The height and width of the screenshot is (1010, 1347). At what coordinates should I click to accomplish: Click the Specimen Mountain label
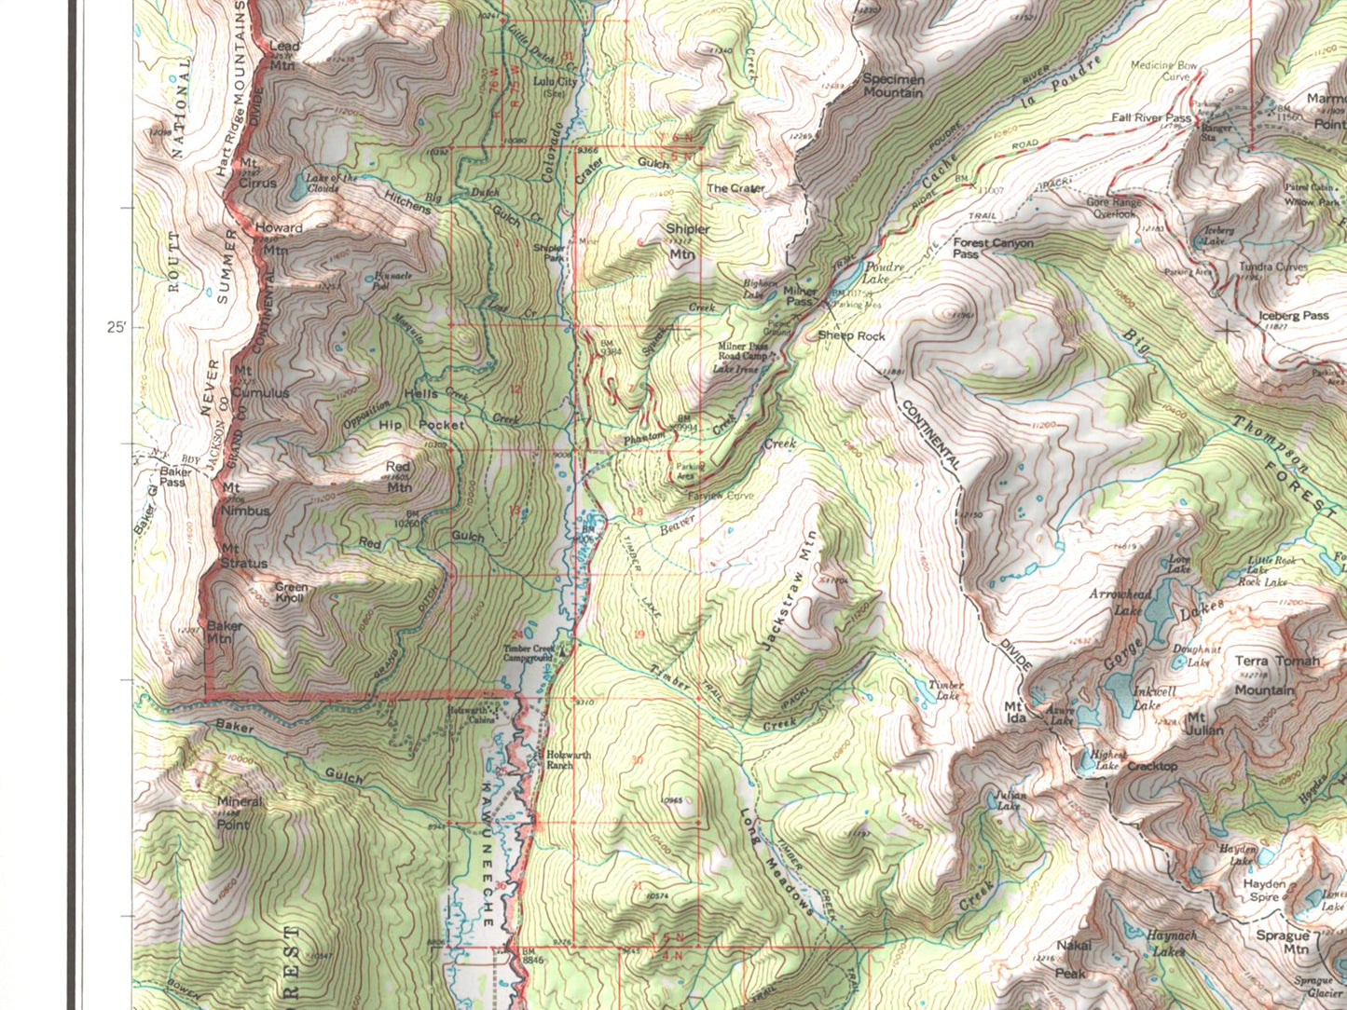tap(893, 86)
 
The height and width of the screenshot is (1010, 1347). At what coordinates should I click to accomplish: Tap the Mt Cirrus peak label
tap(256, 176)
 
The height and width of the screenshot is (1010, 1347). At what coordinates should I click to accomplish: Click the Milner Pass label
tap(800, 296)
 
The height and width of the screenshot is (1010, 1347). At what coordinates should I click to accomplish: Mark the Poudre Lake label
tap(883, 273)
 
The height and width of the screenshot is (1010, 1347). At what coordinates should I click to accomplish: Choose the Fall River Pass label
tap(1150, 118)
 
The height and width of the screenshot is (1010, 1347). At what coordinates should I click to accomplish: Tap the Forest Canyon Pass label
tap(992, 248)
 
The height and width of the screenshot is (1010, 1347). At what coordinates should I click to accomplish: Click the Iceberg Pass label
tap(1293, 316)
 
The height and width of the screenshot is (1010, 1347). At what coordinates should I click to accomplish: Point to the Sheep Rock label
tap(851, 335)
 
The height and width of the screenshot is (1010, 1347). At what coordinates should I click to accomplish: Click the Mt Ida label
tap(1014, 712)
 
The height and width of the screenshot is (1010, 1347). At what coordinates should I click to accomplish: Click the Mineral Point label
tap(239, 812)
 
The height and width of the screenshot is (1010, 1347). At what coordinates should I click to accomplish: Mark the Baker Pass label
tap(175, 477)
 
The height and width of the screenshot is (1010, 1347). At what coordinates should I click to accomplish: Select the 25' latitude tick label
tap(117, 328)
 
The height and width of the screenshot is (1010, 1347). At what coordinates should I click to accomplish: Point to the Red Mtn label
tap(398, 476)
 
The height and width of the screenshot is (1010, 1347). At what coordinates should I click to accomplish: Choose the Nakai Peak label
tap(1072, 959)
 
